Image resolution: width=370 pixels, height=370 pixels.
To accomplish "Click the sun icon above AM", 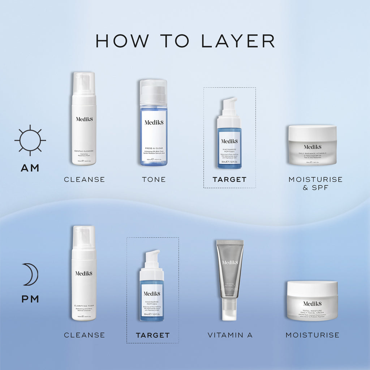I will pos(30,140).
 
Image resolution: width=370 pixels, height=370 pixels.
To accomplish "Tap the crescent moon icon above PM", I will pos(31,274).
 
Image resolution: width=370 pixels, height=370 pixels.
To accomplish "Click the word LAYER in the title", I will pos(238,41).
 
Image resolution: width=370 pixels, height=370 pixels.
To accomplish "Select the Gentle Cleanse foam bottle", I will pos(84,119).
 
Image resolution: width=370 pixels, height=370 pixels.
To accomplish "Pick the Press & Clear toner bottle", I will pos(154,123).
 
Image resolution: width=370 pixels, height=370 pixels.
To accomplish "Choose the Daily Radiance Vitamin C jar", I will pos(313,145).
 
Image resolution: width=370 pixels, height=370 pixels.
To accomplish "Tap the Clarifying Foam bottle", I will pos(84,274).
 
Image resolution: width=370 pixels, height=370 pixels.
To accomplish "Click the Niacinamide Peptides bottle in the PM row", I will pos(152,291).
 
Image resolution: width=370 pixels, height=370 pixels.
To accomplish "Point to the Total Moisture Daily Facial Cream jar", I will pos(312,301).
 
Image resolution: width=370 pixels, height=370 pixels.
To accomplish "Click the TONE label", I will pos(154,180).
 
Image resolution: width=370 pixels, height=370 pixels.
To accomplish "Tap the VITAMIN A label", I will pos(230,335).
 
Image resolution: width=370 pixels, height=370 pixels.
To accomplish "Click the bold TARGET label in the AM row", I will pos(229,180).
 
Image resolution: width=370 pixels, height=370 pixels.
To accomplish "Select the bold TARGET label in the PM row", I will pos(152,335).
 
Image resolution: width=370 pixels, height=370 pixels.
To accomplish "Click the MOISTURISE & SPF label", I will pos(315,184).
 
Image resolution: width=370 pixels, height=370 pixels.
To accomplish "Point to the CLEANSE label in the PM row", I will pos(84,335).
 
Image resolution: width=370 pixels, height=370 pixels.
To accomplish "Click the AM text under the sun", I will pos(30,168).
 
